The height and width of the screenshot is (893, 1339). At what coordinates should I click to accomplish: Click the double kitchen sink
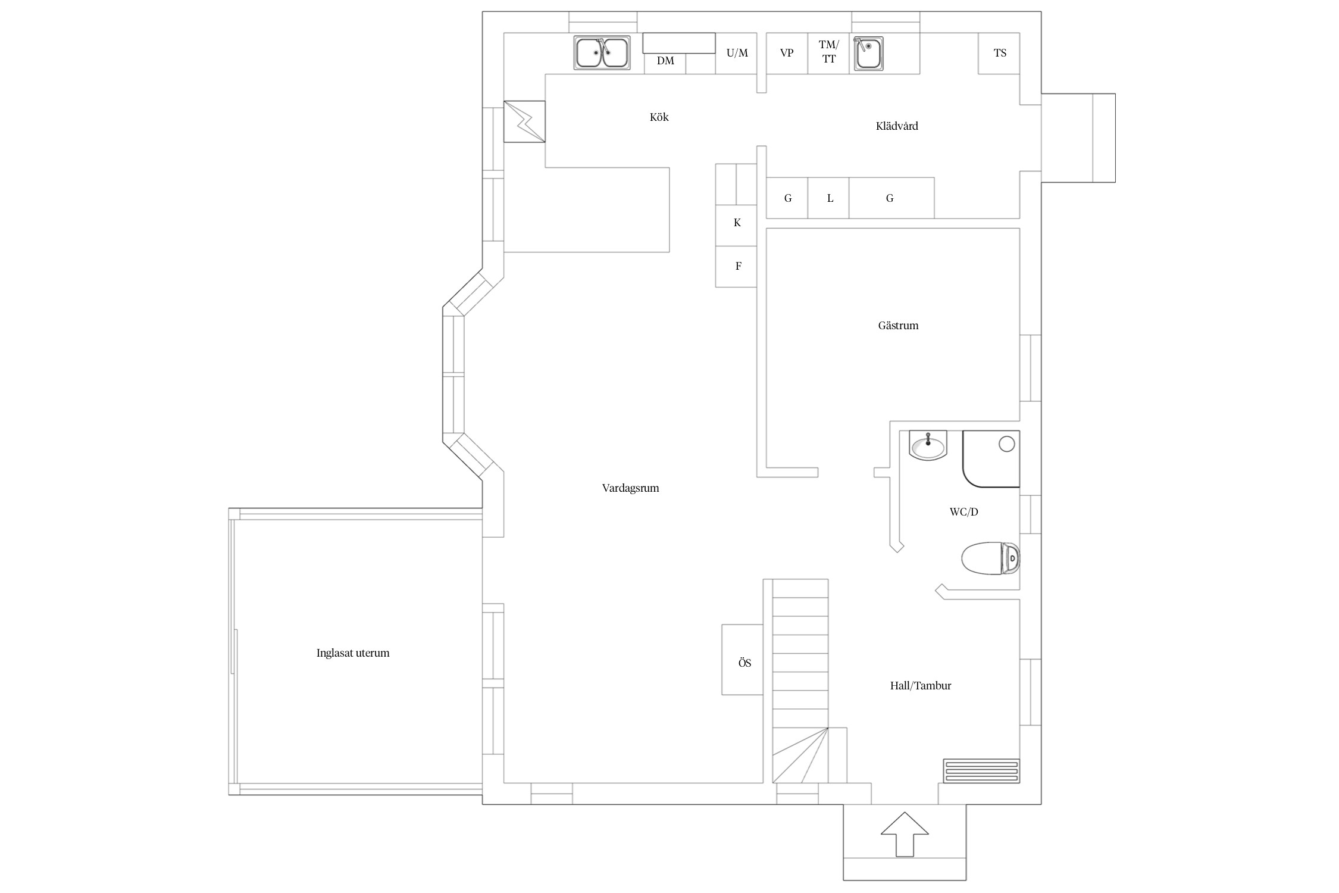point(602,53)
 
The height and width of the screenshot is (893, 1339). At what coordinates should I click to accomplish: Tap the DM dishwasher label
point(665,61)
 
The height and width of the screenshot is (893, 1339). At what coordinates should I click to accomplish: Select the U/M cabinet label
point(737,53)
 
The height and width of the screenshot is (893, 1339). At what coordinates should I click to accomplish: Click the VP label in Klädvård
point(786,53)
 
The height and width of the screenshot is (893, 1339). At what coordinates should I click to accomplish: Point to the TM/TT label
point(828,52)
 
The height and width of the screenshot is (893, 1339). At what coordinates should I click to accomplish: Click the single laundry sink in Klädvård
point(868,53)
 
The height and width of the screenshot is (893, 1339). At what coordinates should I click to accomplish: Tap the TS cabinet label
point(1000,53)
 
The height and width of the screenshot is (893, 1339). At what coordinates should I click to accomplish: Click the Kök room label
point(659,117)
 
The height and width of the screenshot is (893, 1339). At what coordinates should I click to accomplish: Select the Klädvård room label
point(897,126)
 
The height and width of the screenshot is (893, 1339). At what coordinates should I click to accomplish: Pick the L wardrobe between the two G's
point(830,198)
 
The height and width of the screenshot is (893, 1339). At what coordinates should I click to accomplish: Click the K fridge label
point(737,223)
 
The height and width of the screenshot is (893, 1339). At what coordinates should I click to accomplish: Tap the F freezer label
point(738,266)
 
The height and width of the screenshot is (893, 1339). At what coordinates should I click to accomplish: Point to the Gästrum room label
point(898,326)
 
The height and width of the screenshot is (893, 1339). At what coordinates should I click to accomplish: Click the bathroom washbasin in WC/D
point(928,446)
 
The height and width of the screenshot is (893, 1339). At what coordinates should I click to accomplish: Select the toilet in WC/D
point(991,558)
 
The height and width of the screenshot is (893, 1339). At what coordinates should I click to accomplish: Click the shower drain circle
point(1006,444)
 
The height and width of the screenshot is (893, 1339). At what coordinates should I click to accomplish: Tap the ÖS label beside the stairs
point(744,663)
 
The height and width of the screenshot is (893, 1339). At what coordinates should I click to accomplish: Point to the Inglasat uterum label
point(353,653)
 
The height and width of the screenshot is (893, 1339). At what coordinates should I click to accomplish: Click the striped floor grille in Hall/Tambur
point(981,770)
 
